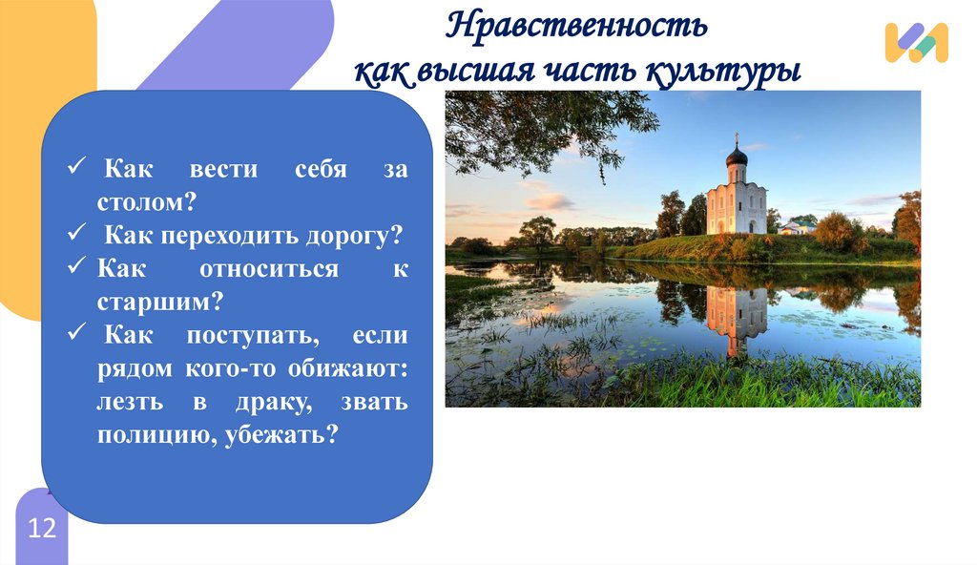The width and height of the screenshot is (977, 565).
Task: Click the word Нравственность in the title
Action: point(577,26)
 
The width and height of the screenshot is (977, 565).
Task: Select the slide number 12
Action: point(42,529)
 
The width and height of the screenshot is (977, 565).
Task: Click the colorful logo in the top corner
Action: point(916,43)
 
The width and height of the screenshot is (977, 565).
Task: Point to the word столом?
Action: point(145,201)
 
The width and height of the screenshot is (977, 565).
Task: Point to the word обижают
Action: point(353,368)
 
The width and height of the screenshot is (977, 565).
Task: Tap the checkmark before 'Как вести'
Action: point(78,168)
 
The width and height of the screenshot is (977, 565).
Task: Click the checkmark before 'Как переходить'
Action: point(78,234)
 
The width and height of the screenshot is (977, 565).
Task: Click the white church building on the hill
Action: point(736,203)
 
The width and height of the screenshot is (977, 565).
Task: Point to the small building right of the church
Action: point(796,227)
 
